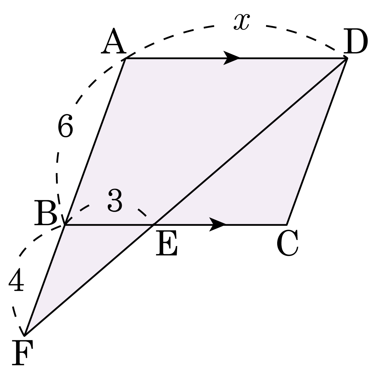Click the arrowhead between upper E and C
coord(218,224)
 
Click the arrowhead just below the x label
coord(231,62)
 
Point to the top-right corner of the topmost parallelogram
coord(344,59)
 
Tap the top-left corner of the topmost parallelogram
coord(126,59)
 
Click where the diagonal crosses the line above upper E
coord(153,225)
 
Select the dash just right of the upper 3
coord(142,213)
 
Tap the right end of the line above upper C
coord(287,225)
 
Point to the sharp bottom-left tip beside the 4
coord(27,332)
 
